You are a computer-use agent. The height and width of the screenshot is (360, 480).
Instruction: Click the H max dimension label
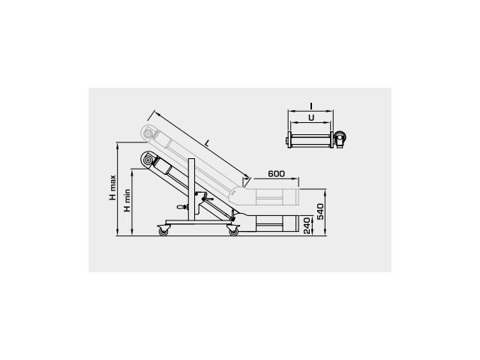(113, 187)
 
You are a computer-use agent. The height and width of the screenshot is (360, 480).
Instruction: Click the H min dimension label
(127, 200)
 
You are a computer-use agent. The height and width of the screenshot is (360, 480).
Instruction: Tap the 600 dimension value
(277, 173)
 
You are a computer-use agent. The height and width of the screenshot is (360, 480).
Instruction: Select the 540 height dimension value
(320, 211)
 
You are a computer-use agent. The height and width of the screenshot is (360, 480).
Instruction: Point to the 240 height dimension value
(307, 226)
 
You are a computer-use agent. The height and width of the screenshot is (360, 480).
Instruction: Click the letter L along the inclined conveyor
(207, 142)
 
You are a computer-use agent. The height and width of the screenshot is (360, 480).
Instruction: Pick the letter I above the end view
(311, 106)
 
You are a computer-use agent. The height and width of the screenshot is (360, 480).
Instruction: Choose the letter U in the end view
(311, 118)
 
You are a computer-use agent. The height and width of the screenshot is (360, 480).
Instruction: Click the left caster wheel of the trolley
(163, 230)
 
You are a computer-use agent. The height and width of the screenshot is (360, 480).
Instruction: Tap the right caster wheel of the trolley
(233, 230)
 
